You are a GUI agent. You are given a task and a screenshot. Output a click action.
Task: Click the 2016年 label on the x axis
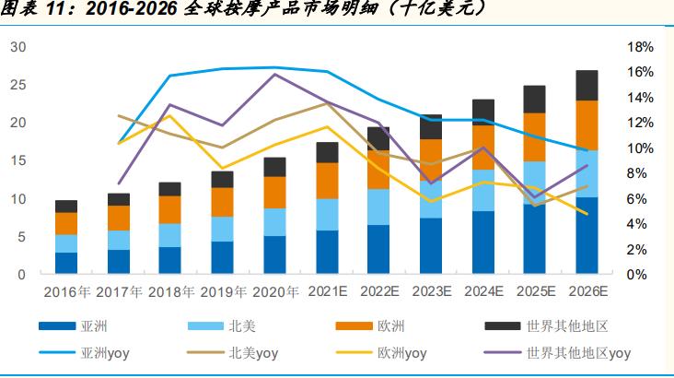point(65,293)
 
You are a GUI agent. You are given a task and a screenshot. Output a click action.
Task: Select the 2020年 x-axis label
point(274,293)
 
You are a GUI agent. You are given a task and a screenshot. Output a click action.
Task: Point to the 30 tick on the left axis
point(18,47)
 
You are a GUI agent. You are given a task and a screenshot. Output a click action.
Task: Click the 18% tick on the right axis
point(640,47)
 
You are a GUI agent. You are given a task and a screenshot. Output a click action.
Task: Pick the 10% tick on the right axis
point(640,148)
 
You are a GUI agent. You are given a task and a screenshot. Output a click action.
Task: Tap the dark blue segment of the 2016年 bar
point(65,263)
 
